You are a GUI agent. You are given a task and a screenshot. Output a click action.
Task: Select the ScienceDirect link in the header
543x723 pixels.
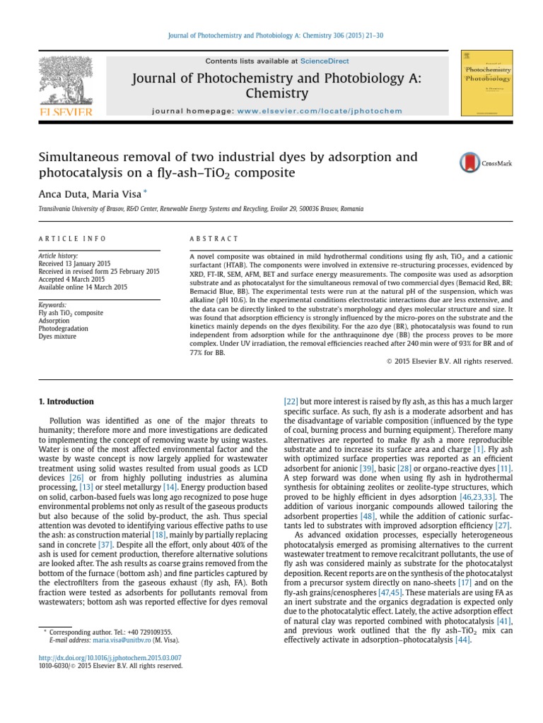tap(324, 61)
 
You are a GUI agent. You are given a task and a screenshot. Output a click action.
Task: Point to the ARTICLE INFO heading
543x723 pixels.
tap(72, 239)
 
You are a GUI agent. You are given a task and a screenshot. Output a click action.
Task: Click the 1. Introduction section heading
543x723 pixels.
tap(66, 402)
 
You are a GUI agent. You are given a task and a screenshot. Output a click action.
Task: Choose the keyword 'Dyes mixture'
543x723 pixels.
tap(57, 336)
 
